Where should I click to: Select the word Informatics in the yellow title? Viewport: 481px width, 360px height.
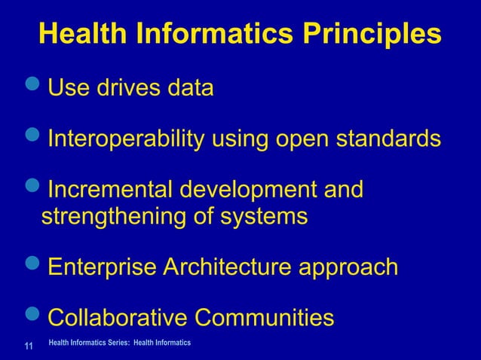200,34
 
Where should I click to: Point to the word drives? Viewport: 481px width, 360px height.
127,88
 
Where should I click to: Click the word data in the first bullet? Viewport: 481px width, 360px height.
189,88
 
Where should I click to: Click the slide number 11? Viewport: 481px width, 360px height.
28,347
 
